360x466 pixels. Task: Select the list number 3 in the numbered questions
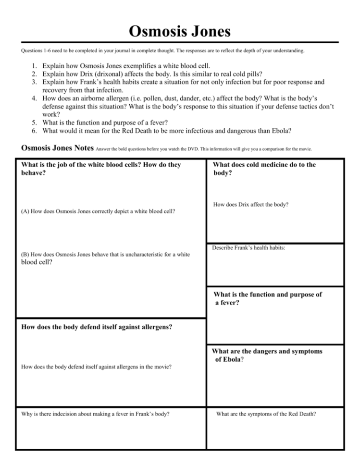coord(33,82)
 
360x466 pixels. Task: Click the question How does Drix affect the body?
coord(250,205)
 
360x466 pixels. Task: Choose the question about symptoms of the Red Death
coord(266,414)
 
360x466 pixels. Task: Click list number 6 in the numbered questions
coord(33,130)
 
